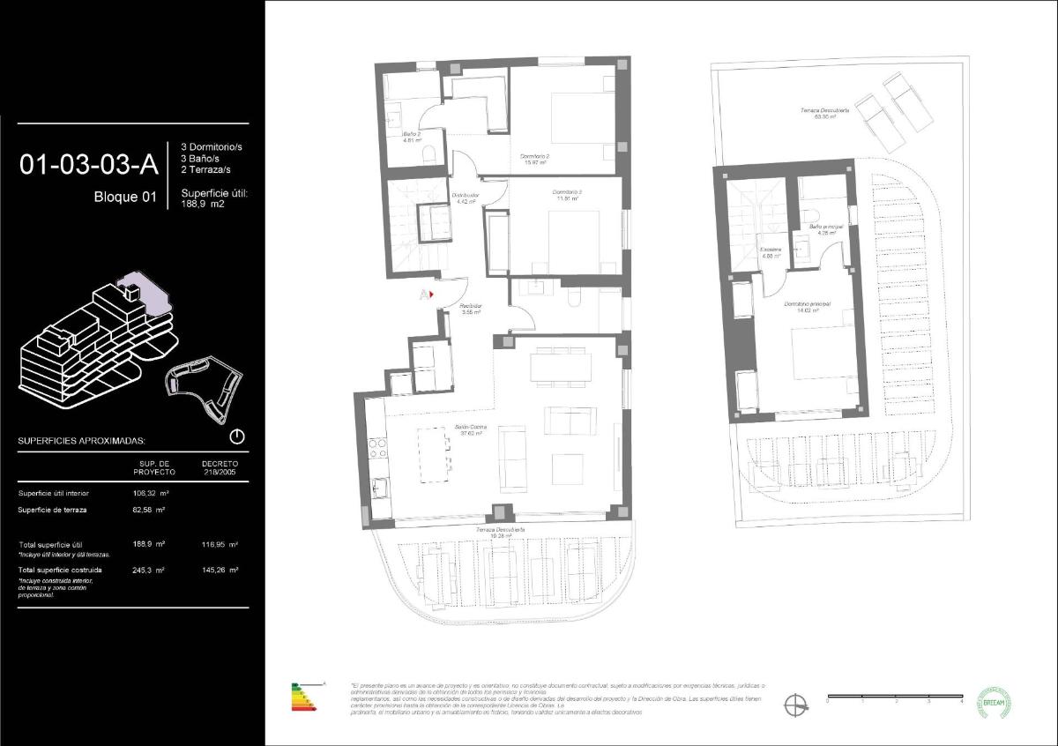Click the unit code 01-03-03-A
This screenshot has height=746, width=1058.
(88, 164)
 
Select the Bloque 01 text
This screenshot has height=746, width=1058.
(124, 198)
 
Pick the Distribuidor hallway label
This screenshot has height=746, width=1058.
(465, 198)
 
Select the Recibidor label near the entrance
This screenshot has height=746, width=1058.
(471, 309)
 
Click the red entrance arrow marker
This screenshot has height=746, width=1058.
(431, 294)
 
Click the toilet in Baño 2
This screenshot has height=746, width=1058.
(429, 154)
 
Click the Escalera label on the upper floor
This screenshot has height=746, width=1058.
(771, 253)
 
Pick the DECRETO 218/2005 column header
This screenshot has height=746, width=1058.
(220, 467)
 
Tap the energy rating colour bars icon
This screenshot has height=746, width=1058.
(306, 699)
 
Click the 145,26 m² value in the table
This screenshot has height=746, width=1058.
(220, 571)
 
